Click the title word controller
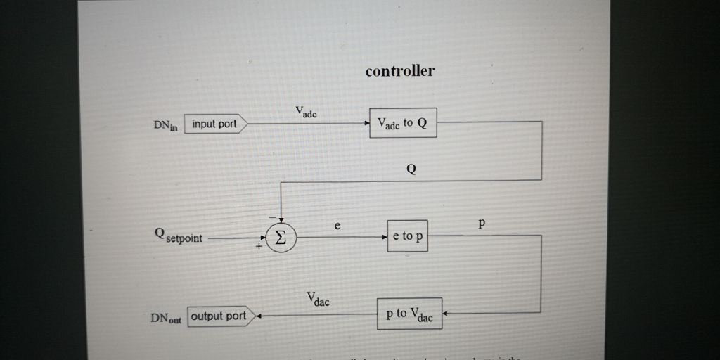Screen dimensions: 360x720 [400, 71]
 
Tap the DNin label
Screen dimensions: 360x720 [165, 125]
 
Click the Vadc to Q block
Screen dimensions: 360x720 [402, 124]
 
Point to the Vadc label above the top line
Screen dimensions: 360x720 [306, 111]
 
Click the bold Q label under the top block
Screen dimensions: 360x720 [411, 169]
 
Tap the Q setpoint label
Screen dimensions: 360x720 [179, 237]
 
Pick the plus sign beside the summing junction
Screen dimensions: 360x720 [259, 247]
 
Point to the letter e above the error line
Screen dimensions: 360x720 [337, 226]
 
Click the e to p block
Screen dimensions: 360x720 [407, 236]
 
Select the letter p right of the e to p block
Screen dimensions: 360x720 [482, 224]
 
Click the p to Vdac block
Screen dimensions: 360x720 [409, 314]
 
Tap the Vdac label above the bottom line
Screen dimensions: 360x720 [317, 300]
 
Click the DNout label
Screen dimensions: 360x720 [165, 318]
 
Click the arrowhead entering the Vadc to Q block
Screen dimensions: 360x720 [366, 124]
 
